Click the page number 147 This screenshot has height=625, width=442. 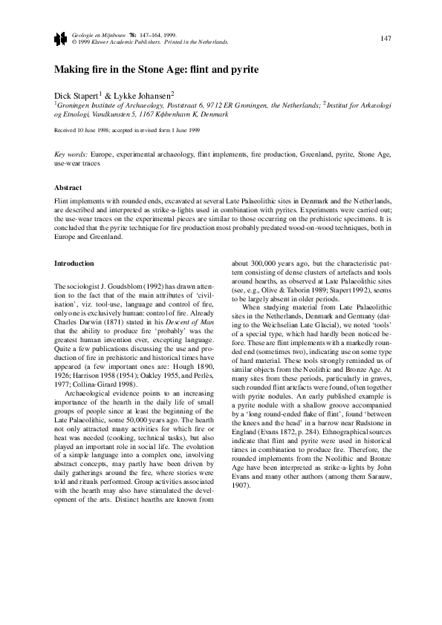(x=386, y=39)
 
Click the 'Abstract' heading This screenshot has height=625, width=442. (x=68, y=188)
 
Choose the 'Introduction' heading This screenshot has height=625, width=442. (x=74, y=264)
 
